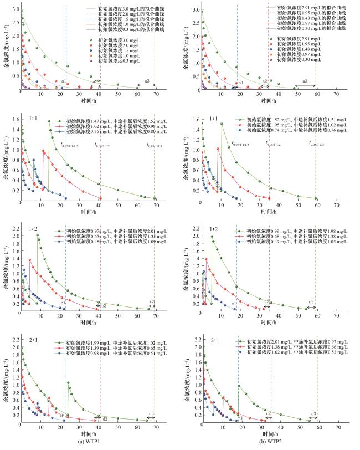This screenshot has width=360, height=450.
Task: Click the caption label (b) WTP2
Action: (x=270, y=444)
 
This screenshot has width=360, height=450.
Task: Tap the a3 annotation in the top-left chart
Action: (x=147, y=81)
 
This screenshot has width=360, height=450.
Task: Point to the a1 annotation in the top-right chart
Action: (x=240, y=82)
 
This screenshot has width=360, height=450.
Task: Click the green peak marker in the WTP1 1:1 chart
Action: (x=49, y=121)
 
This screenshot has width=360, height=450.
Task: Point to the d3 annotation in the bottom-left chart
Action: (x=151, y=413)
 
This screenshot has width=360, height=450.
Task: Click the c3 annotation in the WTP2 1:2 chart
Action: (x=312, y=302)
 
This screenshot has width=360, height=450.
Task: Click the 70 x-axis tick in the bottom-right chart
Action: (x=336, y=427)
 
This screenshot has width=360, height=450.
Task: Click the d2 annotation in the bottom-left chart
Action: (x=105, y=419)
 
